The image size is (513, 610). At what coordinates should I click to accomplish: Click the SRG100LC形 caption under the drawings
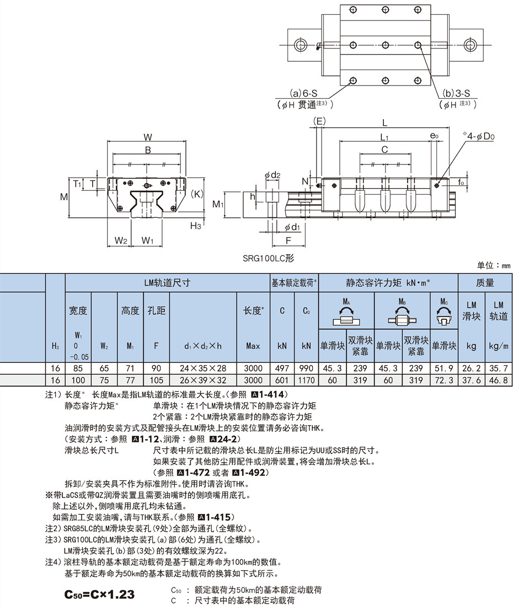pyautogui.click(x=269, y=258)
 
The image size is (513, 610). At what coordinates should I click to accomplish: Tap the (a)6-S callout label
pyautogui.click(x=303, y=93)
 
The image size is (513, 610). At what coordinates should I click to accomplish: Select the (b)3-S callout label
pyautogui.click(x=456, y=93)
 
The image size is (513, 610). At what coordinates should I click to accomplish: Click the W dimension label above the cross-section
pyautogui.click(x=148, y=137)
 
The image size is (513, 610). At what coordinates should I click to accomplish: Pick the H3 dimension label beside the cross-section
pyautogui.click(x=196, y=226)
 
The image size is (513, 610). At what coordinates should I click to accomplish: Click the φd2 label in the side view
pyautogui.click(x=272, y=175)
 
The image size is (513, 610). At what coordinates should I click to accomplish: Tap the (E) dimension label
pyautogui.click(x=319, y=121)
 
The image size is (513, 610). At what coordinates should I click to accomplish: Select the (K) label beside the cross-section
pyautogui.click(x=197, y=194)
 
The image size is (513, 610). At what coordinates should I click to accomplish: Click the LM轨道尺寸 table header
pyautogui.click(x=167, y=283)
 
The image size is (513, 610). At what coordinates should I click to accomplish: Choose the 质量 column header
pyautogui.click(x=485, y=283)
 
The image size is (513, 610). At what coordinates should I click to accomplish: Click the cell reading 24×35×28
pyautogui.click(x=203, y=368)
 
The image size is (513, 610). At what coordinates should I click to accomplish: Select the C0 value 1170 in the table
pyautogui.click(x=306, y=380)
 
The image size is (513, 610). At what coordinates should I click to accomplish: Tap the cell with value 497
pyautogui.click(x=282, y=368)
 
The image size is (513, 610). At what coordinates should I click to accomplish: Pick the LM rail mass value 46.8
pyautogui.click(x=499, y=380)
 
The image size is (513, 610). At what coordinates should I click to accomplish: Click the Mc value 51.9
pyautogui.click(x=444, y=368)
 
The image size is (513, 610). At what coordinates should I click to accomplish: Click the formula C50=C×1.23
pyautogui.click(x=99, y=595)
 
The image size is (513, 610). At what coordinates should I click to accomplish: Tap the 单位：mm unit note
pyautogui.click(x=494, y=266)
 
